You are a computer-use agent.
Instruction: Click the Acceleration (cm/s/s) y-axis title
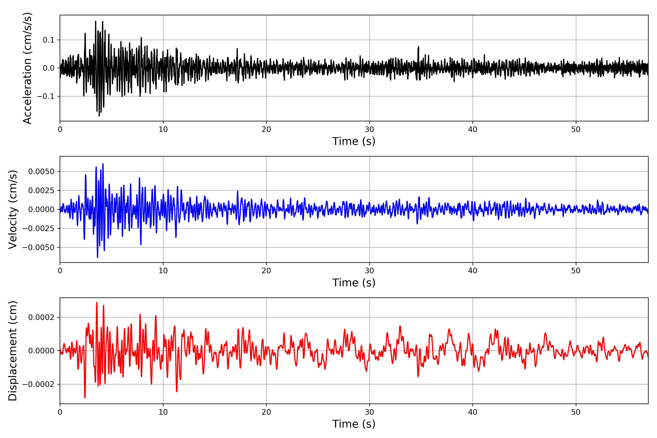pyautogui.click(x=27, y=68)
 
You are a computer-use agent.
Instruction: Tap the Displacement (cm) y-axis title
pyautogui.click(x=13, y=351)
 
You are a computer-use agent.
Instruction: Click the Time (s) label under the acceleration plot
pyautogui.click(x=354, y=141)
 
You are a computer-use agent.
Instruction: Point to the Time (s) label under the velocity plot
pyautogui.click(x=354, y=283)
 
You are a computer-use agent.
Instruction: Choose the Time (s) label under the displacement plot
pyautogui.click(x=354, y=424)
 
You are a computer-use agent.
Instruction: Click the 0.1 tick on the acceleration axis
pyautogui.click(x=48, y=40)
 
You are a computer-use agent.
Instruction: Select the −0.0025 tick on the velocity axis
pyautogui.click(x=38, y=228)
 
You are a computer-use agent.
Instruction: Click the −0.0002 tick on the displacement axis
pyautogui.click(x=38, y=384)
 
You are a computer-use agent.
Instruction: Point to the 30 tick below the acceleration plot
pyautogui.click(x=369, y=130)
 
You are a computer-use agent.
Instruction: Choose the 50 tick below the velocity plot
pyautogui.click(x=576, y=271)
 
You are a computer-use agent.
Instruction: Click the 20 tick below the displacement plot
pyautogui.click(x=266, y=412)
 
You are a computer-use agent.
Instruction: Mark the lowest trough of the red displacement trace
pyautogui.click(x=85, y=397)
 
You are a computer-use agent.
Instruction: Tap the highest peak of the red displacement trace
pyautogui.click(x=97, y=303)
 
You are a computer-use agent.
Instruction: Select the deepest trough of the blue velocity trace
pyautogui.click(x=97, y=257)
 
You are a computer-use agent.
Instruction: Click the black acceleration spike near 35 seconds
pyautogui.click(x=418, y=47)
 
